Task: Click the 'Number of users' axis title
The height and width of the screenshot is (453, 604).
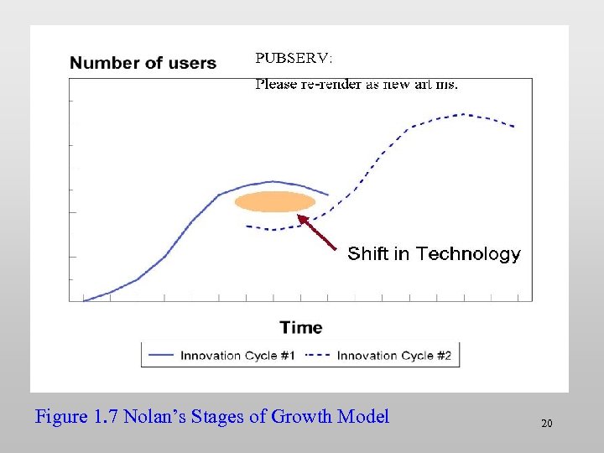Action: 143,63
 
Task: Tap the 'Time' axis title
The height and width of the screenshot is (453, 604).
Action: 300,327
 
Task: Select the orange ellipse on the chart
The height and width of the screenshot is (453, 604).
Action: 275,202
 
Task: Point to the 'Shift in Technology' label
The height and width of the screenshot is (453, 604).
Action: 434,253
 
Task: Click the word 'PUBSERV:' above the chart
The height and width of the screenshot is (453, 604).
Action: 294,59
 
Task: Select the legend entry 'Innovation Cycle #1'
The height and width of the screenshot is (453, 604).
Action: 237,356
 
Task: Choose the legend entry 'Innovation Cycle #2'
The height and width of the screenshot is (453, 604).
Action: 394,356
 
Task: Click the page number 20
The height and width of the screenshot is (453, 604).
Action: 546,424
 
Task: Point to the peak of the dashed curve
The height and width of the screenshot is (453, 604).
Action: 464,114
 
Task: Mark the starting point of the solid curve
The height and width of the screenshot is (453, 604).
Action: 84,300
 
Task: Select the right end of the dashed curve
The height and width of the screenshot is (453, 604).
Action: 513,127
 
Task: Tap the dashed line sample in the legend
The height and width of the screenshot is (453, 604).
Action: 319,356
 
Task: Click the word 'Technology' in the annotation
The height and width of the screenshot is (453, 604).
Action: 468,253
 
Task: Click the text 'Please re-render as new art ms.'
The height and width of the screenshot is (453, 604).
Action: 357,84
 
